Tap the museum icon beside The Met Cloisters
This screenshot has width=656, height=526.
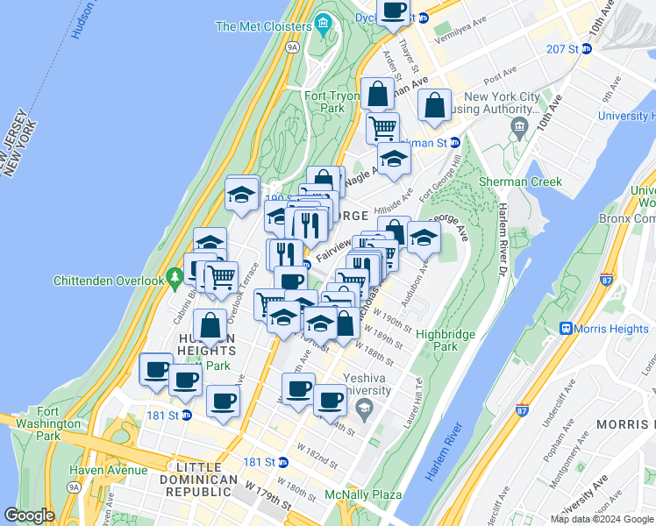pyautogui.click(x=322, y=22)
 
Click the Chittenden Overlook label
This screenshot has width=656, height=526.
pyautogui.click(x=109, y=281)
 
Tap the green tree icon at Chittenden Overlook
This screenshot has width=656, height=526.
pyautogui.click(x=176, y=278)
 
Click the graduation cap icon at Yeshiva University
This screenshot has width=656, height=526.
pyautogui.click(x=363, y=408)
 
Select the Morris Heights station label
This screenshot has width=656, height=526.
pyautogui.click(x=612, y=328)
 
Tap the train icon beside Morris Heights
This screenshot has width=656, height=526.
pyautogui.click(x=567, y=328)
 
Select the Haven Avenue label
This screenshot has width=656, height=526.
pyautogui.click(x=110, y=469)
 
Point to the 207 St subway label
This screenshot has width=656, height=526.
pyautogui.click(x=561, y=49)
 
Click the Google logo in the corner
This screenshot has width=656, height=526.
pyautogui.click(x=29, y=515)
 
